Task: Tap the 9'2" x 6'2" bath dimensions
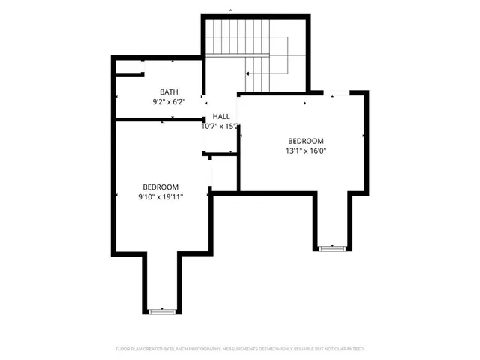tap(169, 100)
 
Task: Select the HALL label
tap(221, 117)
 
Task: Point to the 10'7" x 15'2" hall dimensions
tap(221, 127)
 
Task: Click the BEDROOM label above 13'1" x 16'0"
tap(306, 141)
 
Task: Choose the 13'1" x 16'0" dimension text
tap(306, 151)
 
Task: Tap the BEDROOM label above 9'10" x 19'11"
tap(161, 187)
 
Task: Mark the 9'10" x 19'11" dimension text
tap(161, 196)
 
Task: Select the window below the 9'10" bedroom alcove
tap(160, 310)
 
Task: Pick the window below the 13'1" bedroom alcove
tap(331, 247)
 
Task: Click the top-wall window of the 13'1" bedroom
tap(338, 92)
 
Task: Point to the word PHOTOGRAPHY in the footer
tap(200, 349)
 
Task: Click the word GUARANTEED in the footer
tap(349, 349)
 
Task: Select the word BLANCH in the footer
tap(175, 349)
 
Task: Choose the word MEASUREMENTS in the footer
tap(240, 349)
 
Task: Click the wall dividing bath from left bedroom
tap(159, 118)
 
